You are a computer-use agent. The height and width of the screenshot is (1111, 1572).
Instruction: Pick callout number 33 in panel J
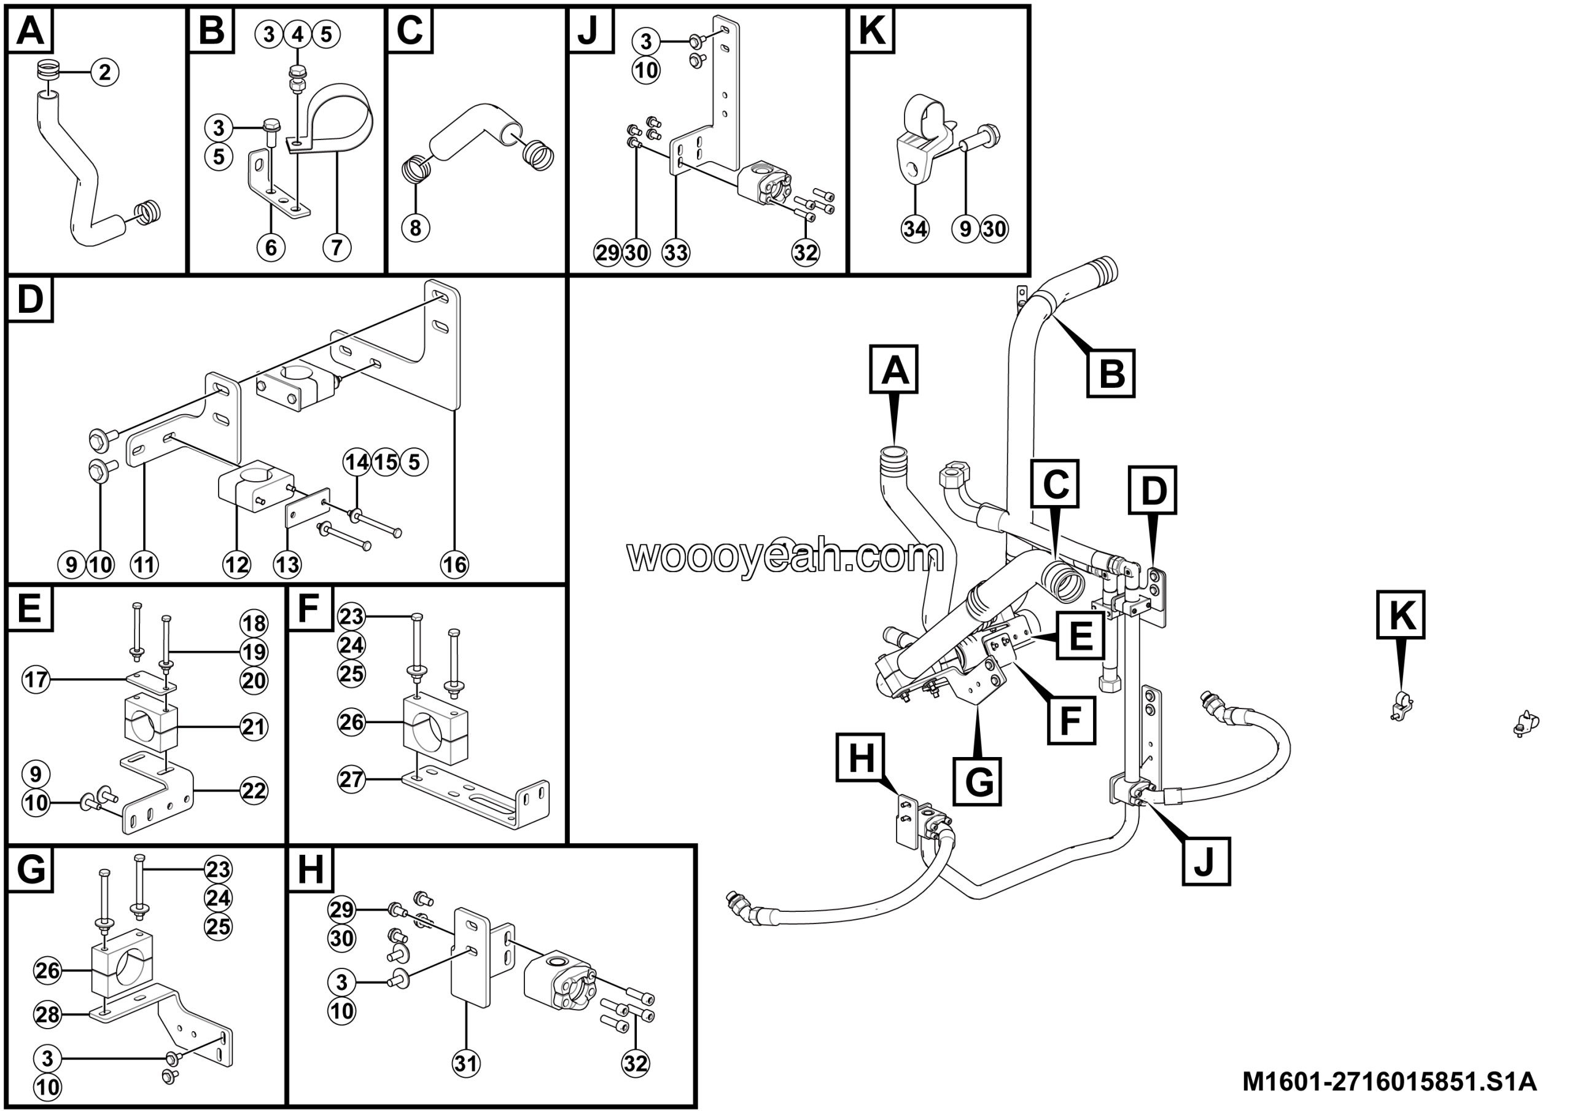click(x=675, y=253)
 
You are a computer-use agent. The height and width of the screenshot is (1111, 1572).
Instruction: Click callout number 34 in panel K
click(x=915, y=228)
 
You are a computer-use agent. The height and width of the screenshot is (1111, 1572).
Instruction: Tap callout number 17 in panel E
click(x=36, y=680)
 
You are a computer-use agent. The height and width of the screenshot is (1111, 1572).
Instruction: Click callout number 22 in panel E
click(x=254, y=790)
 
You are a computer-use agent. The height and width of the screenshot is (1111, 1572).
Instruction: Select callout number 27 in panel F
click(x=351, y=779)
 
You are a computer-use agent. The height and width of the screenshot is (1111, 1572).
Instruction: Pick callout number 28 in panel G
click(x=48, y=1014)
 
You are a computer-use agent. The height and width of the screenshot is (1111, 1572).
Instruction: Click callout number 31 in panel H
click(x=465, y=1063)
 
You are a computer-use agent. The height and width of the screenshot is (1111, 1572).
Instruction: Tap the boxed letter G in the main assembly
click(x=978, y=781)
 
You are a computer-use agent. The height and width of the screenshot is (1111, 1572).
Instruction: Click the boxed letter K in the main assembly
click(x=1401, y=615)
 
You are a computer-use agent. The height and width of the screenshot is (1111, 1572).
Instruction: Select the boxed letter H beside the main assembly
click(x=861, y=758)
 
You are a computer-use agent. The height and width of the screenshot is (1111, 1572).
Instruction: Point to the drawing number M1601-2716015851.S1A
click(x=1389, y=1082)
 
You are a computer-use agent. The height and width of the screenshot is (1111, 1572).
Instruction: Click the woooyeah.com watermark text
click(x=785, y=555)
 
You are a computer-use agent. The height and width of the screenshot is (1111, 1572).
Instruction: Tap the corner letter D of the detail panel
click(x=30, y=299)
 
